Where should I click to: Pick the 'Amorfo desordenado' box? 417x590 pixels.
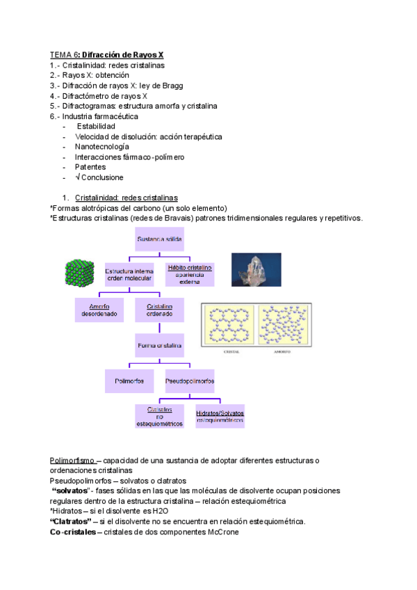point(99,310)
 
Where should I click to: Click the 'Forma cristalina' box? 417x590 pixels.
point(160,344)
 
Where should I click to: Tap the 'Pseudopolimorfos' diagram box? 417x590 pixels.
point(190,381)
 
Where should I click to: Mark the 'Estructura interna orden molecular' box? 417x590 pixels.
point(129,274)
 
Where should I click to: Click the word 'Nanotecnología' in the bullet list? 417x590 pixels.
point(102,147)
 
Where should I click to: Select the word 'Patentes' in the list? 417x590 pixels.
point(90,167)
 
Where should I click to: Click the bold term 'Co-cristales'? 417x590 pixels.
point(72,532)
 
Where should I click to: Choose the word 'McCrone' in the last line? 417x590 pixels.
point(223,532)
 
